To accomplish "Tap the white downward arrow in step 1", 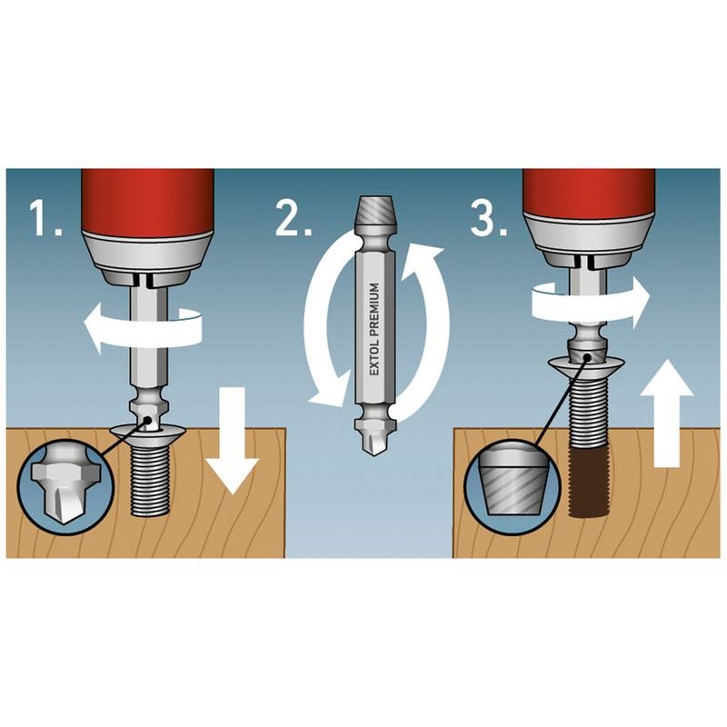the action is pos(232,439).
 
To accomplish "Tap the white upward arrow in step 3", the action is pos(667,414).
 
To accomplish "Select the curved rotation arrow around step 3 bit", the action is pos(590,302).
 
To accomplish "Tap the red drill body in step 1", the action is pos(147,203).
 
